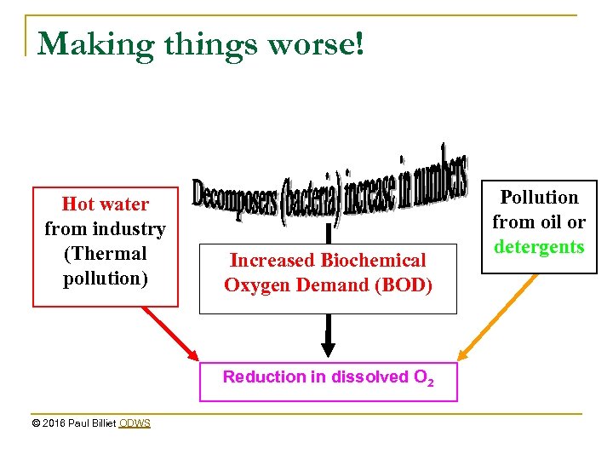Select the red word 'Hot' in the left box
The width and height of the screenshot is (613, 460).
(79, 204)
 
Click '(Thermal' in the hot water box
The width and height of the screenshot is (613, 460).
(105, 254)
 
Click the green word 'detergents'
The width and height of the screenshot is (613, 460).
(539, 247)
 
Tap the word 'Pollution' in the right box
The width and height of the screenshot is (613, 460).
(539, 198)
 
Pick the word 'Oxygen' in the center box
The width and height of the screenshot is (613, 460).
(253, 285)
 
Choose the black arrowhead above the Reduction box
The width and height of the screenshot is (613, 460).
(328, 348)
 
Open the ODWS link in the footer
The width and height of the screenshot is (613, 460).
(135, 423)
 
